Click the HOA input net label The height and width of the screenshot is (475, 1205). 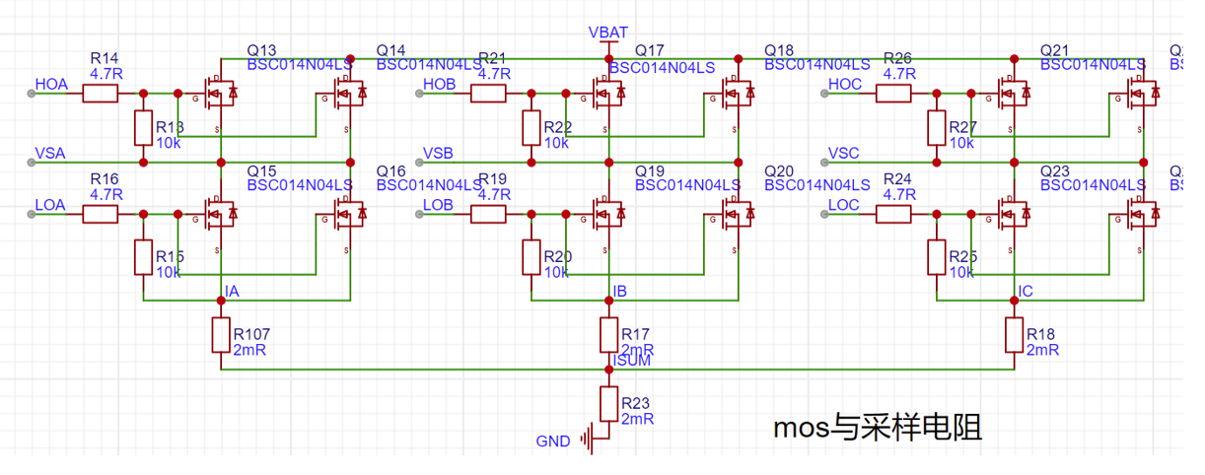[x=51, y=85]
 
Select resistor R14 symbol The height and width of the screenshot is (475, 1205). [x=101, y=94]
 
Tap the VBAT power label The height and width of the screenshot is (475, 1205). [x=608, y=33]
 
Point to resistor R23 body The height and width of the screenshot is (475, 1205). [x=608, y=405]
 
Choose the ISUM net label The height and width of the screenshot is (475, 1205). [x=631, y=361]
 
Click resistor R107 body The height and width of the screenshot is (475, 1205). [x=220, y=335]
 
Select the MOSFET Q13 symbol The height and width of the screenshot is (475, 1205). [x=219, y=94]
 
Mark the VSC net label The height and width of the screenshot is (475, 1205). [x=844, y=153]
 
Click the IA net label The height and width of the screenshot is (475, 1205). [x=232, y=292]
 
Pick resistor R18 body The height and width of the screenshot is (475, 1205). [x=1014, y=335]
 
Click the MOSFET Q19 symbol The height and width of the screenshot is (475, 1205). [x=607, y=212]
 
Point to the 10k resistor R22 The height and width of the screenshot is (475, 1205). [x=532, y=129]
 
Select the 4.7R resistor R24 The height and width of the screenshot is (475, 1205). [x=895, y=214]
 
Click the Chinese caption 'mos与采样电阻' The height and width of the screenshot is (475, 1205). [x=877, y=429]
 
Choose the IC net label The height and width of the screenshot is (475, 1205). [x=1026, y=292]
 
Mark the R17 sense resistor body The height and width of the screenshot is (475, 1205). [x=608, y=335]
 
